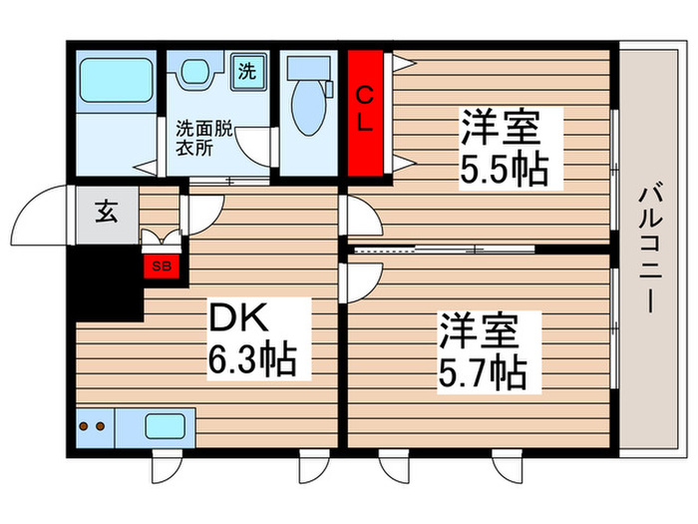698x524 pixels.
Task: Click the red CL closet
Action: point(366,111)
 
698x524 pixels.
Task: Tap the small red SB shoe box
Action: point(159,264)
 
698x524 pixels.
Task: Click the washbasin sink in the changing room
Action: point(195,75)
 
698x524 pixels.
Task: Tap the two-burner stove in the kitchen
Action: point(93,426)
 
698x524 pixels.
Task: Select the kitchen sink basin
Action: point(165,426)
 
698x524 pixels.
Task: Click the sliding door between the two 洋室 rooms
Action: point(444,247)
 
